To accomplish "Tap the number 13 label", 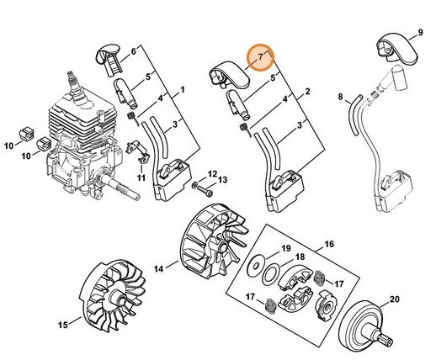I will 223,181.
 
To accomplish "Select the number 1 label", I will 183,88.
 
